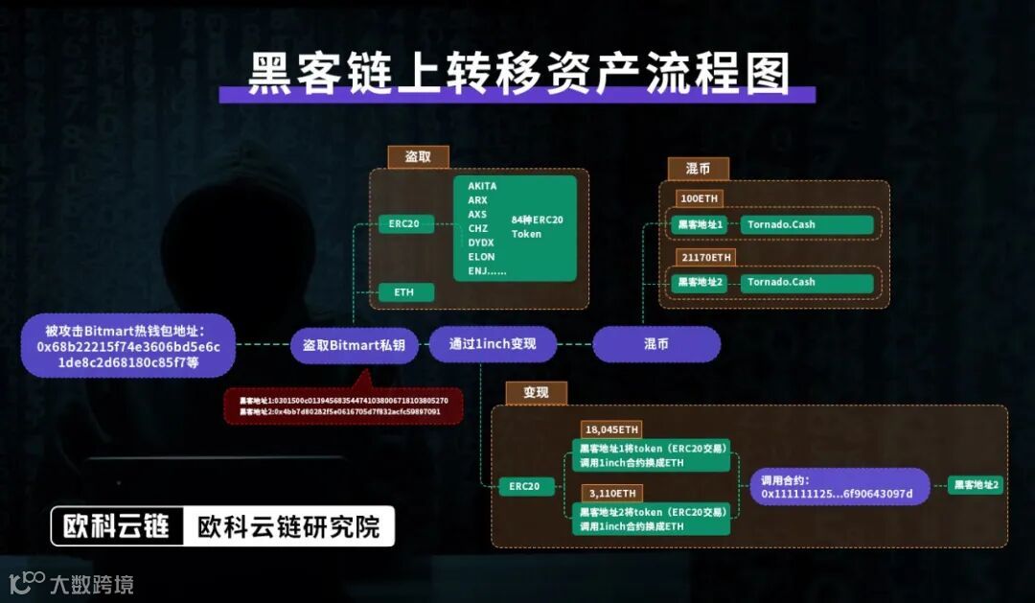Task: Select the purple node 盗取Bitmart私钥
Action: point(355,345)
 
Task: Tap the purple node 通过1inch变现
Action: point(493,344)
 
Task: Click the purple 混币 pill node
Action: point(655,344)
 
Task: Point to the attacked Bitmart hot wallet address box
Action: point(127,345)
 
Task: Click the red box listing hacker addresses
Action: point(343,406)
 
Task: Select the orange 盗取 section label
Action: point(418,157)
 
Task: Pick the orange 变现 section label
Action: point(536,393)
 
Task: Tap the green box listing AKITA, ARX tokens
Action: point(515,228)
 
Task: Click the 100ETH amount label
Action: point(699,198)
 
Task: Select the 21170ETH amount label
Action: point(706,257)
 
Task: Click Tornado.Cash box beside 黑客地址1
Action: point(806,225)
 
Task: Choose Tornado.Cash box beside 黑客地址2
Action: point(806,283)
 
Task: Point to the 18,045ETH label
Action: point(611,429)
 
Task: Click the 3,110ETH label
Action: point(609,493)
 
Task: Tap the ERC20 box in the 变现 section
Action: point(526,486)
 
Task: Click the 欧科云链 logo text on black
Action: point(116,526)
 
